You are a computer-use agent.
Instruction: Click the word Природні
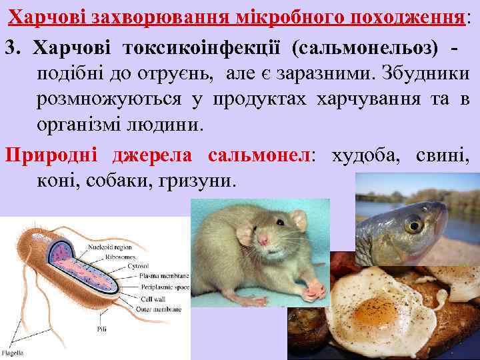click(x=51, y=155)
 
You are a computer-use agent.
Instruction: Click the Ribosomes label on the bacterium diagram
click(x=101, y=257)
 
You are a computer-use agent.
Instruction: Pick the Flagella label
click(x=13, y=352)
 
